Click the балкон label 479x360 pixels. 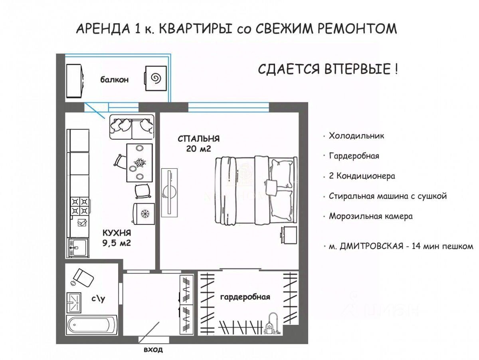pos(114,80)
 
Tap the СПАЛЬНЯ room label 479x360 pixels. pos(198,139)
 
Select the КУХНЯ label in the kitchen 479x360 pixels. pos(117,233)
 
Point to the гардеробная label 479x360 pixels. pos(245,297)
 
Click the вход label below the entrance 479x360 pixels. pos(153,350)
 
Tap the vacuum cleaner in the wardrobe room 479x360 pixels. pos(272,324)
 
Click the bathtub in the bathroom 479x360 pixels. pos(92,325)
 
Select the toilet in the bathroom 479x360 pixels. pos(82,278)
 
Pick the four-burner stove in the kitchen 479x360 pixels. pos(80,206)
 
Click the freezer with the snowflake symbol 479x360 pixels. pos(144,214)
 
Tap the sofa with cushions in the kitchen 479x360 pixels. pos(132,127)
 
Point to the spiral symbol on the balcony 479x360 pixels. pos(156,78)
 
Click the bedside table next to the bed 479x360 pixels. pos(288,235)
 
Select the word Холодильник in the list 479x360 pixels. pos(356,136)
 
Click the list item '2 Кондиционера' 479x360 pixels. pos(362,176)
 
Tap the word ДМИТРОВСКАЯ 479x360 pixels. pos(372,247)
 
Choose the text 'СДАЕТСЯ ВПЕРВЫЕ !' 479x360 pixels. pos(328,69)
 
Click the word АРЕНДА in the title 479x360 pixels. pos(103,29)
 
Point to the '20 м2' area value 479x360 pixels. pos(198,149)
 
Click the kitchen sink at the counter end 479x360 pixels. pos(78,247)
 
